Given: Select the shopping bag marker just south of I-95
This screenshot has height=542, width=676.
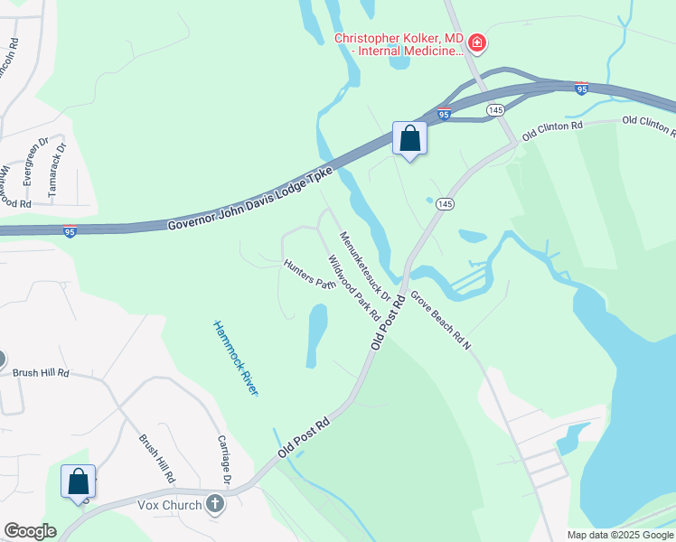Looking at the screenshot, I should pyautogui.click(x=409, y=139).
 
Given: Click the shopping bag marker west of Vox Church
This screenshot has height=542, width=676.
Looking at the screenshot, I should pyautogui.click(x=78, y=481).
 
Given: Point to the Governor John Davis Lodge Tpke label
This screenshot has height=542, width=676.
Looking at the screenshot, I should pyautogui.click(x=250, y=198).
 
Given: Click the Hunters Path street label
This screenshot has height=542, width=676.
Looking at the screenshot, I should pyautogui.click(x=310, y=275).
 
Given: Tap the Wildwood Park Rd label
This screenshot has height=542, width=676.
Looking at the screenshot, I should pyautogui.click(x=353, y=288).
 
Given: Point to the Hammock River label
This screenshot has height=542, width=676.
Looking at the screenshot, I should pyautogui.click(x=236, y=358).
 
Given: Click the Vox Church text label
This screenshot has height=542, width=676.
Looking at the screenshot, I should pyautogui.click(x=171, y=504).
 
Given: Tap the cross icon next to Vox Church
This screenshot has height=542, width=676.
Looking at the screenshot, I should pyautogui.click(x=215, y=503).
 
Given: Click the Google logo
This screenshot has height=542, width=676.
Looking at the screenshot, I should pyautogui.click(x=29, y=530).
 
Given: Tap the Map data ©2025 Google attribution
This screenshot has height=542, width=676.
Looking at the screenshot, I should pyautogui.click(x=619, y=535).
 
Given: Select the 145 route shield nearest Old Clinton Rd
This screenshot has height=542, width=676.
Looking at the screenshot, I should pyautogui.click(x=494, y=109).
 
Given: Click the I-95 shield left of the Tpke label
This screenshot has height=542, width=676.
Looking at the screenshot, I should pyautogui.click(x=70, y=231).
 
